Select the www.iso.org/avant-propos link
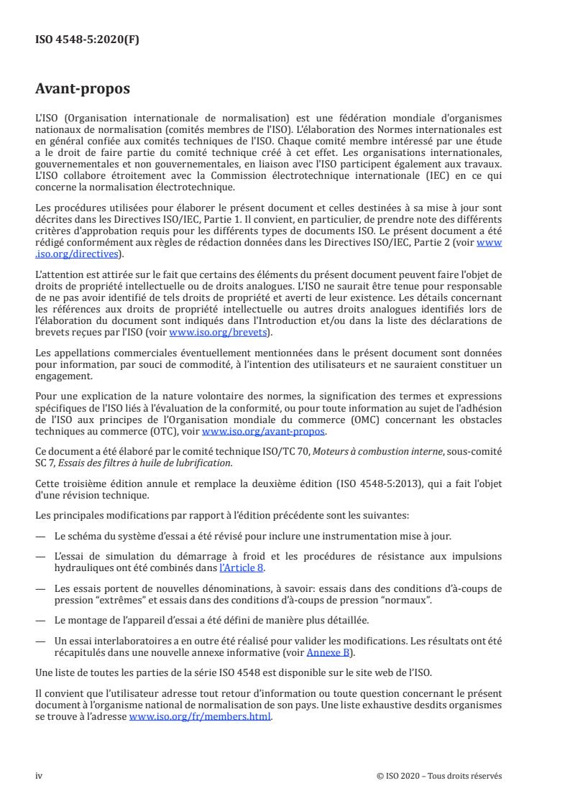coord(264,430)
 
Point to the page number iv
coord(40,776)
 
